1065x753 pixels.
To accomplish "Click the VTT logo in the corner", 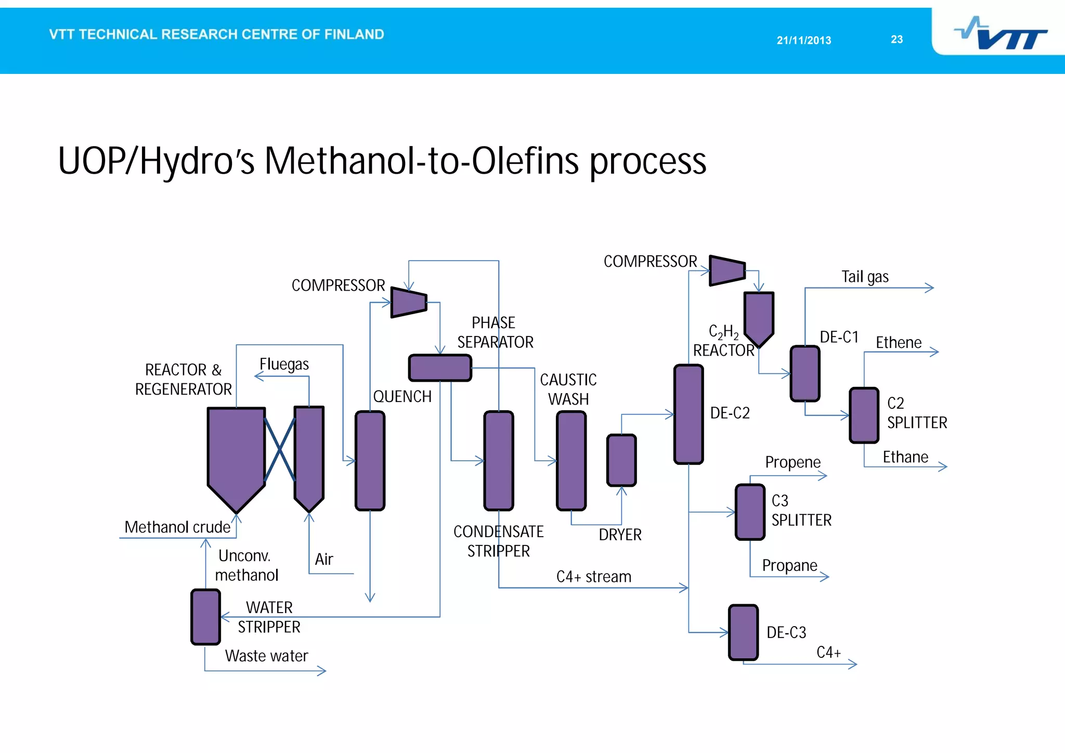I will pos(1001,34).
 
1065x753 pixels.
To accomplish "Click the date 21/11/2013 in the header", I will pos(803,41).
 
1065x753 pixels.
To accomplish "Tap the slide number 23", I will pos(897,40).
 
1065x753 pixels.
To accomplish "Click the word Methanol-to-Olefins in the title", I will pos(421,161).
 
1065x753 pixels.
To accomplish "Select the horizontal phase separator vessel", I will pos(440,368).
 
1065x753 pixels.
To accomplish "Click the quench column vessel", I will pos(370,461).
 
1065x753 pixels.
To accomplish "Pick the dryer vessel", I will pos(621,460).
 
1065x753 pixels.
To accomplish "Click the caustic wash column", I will pos(571,461).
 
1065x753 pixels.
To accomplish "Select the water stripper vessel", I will pos(205,617).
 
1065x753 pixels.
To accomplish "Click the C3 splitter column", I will pos(750,512).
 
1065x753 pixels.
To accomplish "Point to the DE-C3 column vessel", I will pos(743,632).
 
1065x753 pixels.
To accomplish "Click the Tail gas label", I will pos(865,277).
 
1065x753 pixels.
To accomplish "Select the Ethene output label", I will pos(898,343).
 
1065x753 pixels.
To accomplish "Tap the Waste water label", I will pos(266,656).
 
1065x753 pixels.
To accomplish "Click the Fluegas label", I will pos(284,364).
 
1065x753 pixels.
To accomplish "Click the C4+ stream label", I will pos(593,577).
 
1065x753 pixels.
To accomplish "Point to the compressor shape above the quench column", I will pos(409,302).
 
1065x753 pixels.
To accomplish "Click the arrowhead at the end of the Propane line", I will pos(825,576).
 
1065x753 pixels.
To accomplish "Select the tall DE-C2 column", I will pos(689,414).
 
